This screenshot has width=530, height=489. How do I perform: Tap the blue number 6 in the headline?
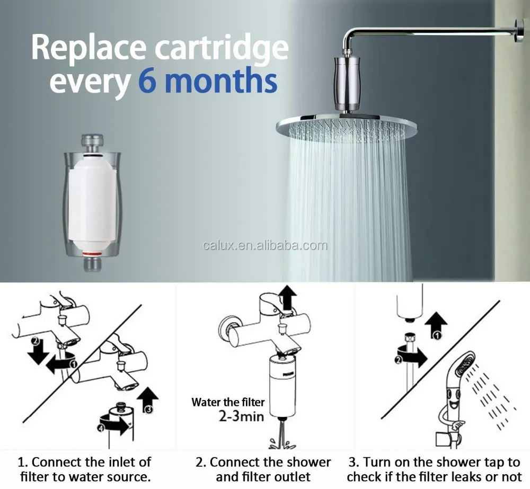tap(147, 80)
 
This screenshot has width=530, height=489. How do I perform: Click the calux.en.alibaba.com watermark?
tap(266, 245)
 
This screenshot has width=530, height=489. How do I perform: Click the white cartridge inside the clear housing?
tap(91, 201)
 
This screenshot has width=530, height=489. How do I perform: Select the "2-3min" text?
tap(241, 416)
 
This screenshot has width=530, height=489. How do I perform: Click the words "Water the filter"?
tap(228, 402)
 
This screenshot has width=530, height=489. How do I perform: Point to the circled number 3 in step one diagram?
tap(148, 410)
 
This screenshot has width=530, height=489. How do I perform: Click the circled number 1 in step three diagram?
tap(437, 335)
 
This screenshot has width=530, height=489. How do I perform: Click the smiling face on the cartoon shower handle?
tap(452, 397)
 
